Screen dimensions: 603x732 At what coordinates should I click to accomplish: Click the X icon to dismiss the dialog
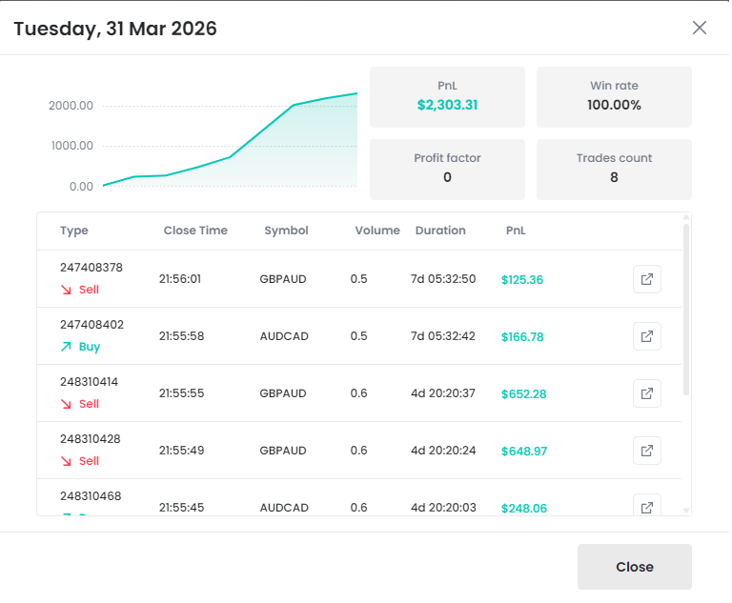click(700, 28)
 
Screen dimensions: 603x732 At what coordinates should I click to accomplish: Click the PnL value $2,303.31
click(447, 105)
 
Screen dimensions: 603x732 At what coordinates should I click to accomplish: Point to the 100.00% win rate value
click(614, 105)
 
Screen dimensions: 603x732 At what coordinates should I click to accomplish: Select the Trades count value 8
click(614, 177)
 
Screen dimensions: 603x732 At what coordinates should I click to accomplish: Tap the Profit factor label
click(447, 158)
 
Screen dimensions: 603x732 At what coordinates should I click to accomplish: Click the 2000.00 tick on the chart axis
click(71, 105)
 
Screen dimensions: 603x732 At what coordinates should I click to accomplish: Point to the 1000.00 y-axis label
click(71, 146)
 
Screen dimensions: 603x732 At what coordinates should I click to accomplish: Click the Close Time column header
click(195, 231)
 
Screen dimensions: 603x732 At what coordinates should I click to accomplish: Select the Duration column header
click(440, 231)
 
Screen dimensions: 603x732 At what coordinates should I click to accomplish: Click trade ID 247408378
click(91, 268)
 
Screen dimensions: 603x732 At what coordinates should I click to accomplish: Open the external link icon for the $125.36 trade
click(647, 279)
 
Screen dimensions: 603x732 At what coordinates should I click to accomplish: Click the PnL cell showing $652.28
click(523, 393)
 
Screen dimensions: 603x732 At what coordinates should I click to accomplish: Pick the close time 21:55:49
click(181, 451)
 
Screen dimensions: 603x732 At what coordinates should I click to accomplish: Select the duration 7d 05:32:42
click(443, 336)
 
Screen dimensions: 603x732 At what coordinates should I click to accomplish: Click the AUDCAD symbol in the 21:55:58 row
click(283, 336)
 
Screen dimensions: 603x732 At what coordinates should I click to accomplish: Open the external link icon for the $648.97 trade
click(647, 451)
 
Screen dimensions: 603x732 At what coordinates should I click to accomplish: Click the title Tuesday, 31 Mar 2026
click(115, 29)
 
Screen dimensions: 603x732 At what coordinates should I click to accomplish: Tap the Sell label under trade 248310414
click(89, 404)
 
